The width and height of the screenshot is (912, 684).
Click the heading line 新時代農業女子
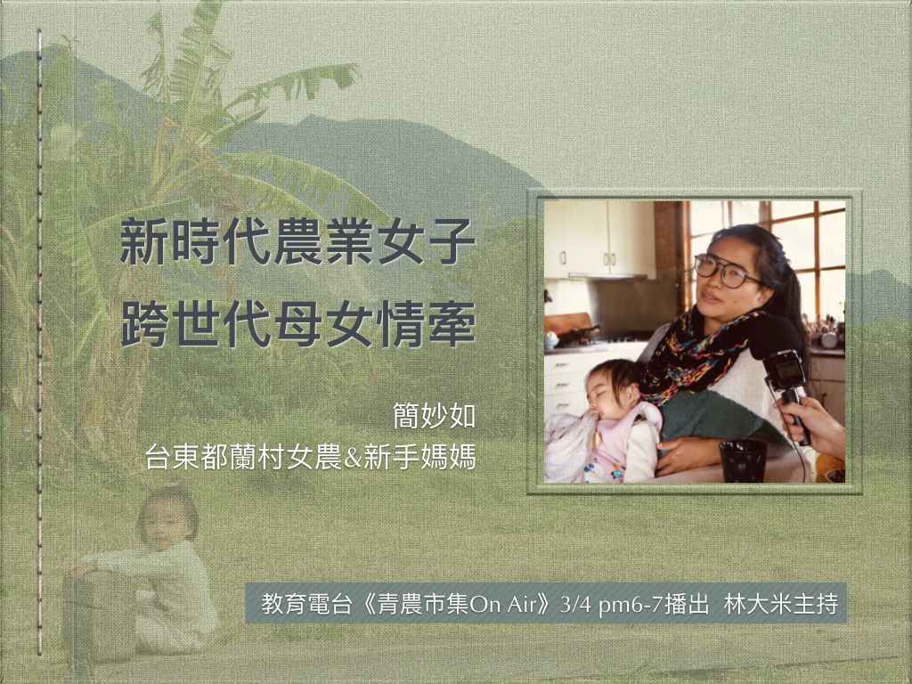(x=297, y=241)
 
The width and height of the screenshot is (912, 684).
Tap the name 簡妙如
(x=434, y=417)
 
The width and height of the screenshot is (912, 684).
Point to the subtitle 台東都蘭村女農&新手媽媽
(x=311, y=457)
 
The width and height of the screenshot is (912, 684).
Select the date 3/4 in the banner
(x=575, y=605)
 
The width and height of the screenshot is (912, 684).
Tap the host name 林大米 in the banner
(x=752, y=605)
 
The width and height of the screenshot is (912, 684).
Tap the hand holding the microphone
(x=811, y=425)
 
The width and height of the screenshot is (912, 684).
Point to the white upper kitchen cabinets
(x=599, y=239)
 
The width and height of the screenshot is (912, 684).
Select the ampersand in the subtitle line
(x=353, y=458)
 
